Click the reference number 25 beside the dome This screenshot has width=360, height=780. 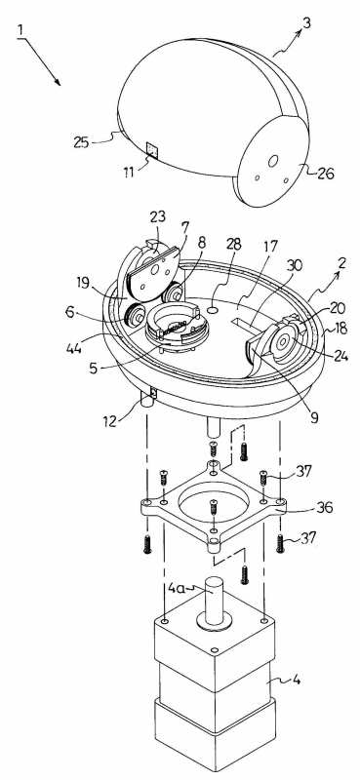click(x=82, y=142)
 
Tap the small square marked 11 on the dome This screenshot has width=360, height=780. click(x=152, y=150)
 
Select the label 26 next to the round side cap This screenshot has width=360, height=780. click(x=326, y=174)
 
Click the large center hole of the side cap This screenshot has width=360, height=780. click(x=273, y=161)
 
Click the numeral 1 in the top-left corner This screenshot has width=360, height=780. click(x=20, y=30)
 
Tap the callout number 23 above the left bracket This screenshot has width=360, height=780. click(x=158, y=217)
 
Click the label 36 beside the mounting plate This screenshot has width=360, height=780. click(x=324, y=507)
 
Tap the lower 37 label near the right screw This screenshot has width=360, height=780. click(x=307, y=539)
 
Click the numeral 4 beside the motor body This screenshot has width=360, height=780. click(x=296, y=679)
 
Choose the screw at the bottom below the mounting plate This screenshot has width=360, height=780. click(x=244, y=574)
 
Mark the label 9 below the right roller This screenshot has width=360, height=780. click(x=314, y=418)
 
